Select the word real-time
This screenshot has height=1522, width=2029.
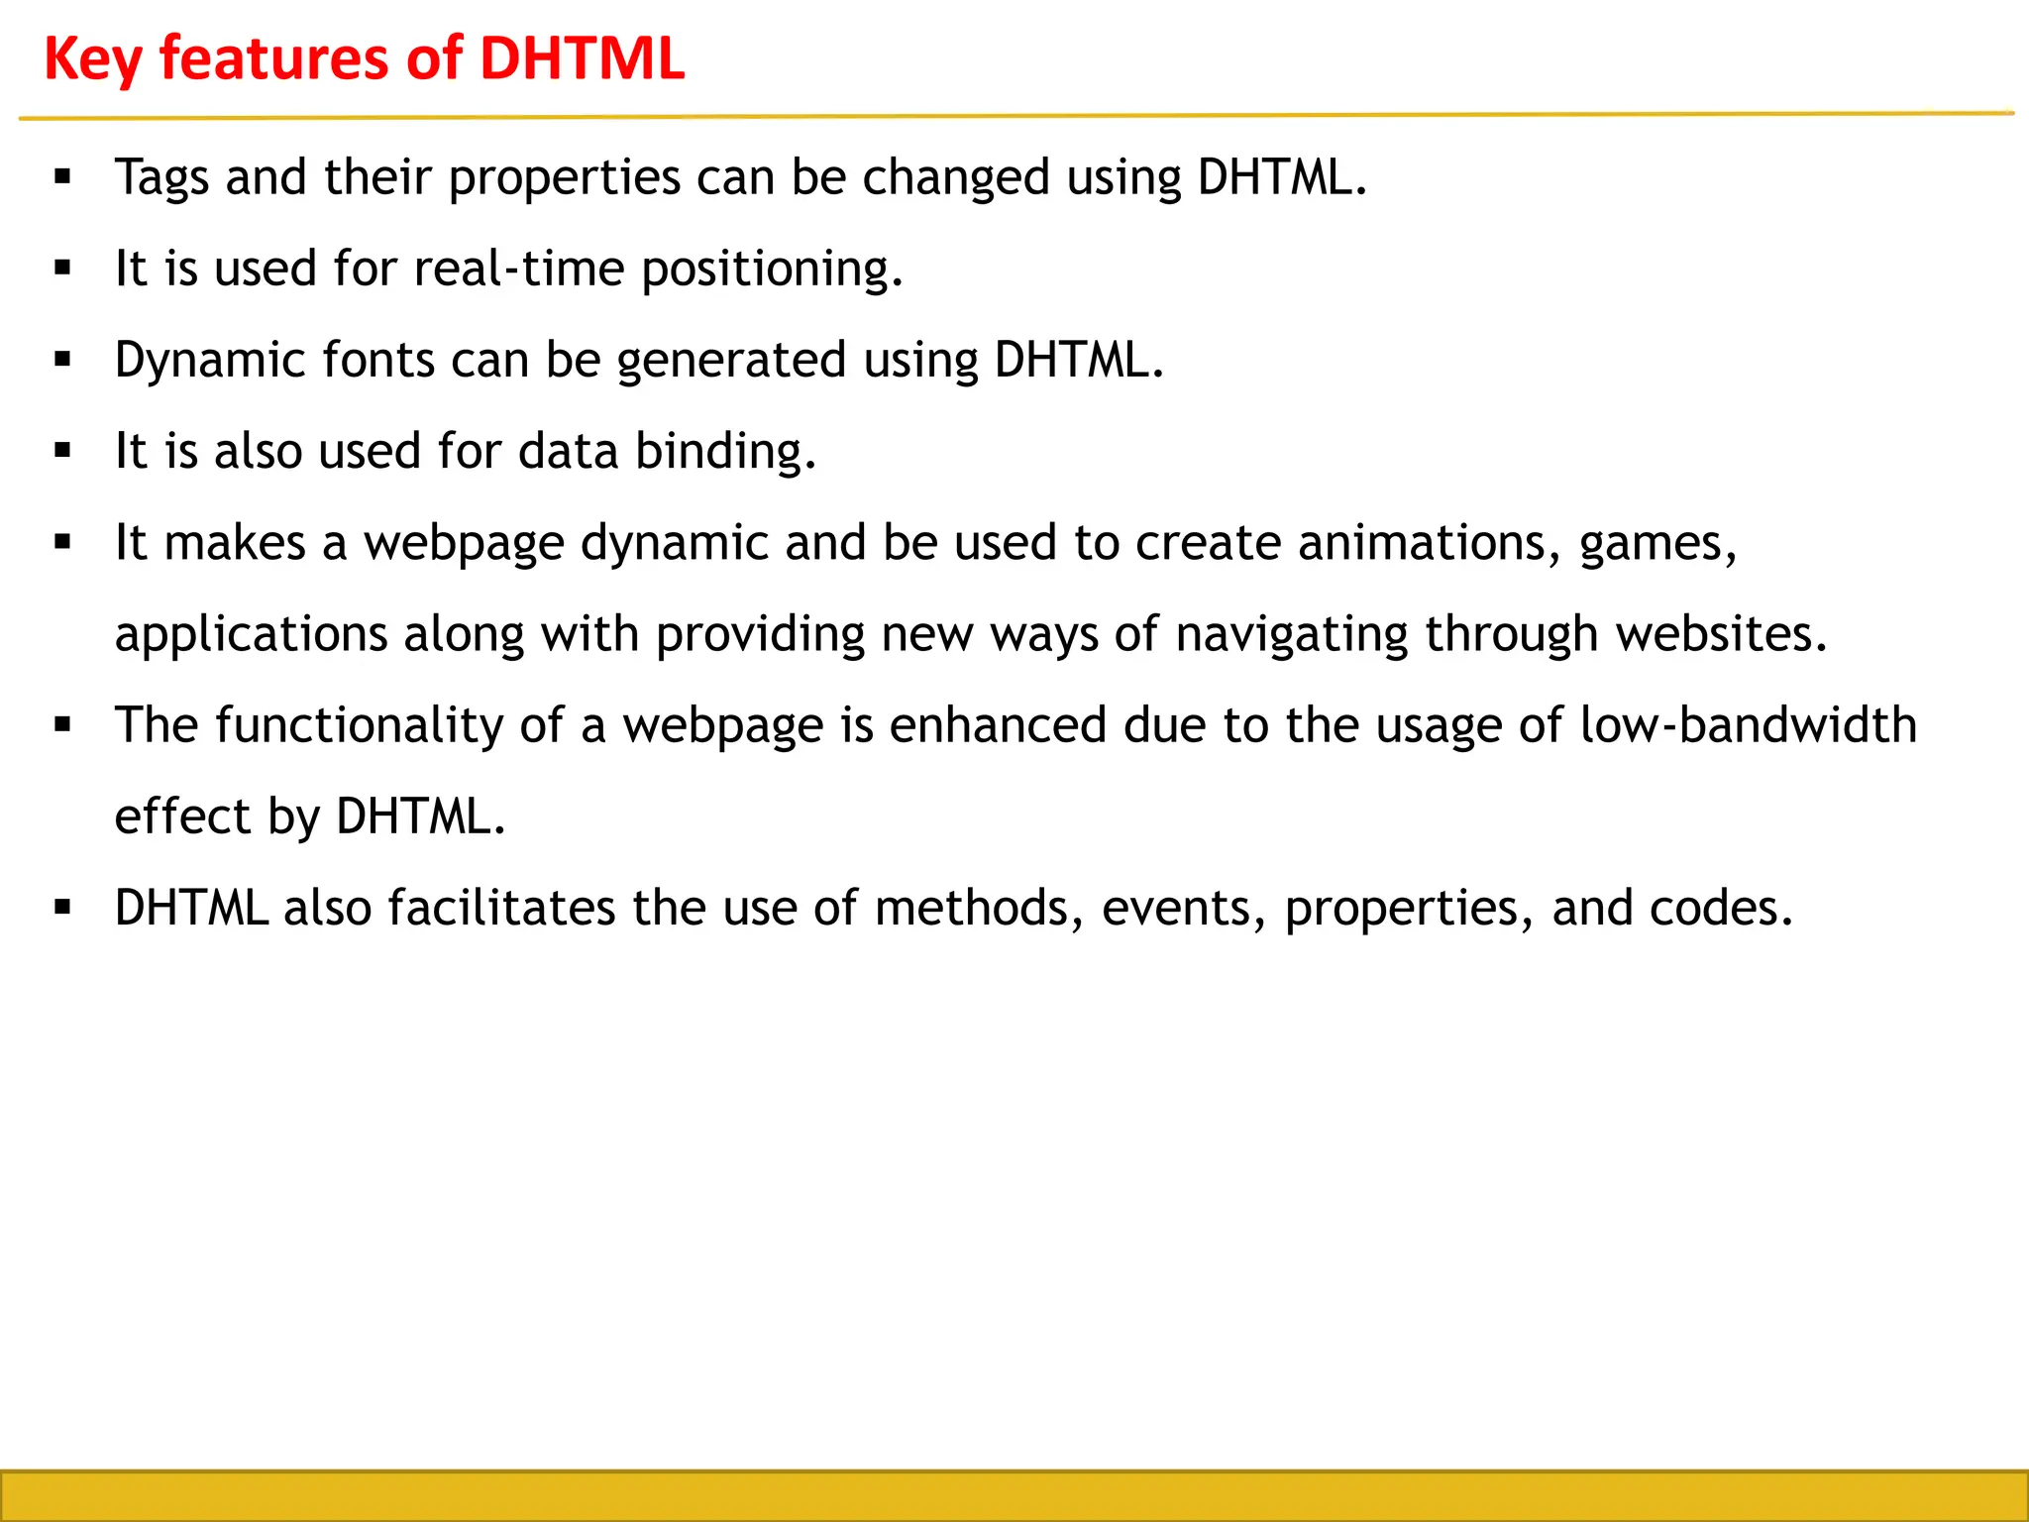(518, 270)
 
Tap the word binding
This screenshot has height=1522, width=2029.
(725, 452)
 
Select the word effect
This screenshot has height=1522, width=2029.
(182, 816)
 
